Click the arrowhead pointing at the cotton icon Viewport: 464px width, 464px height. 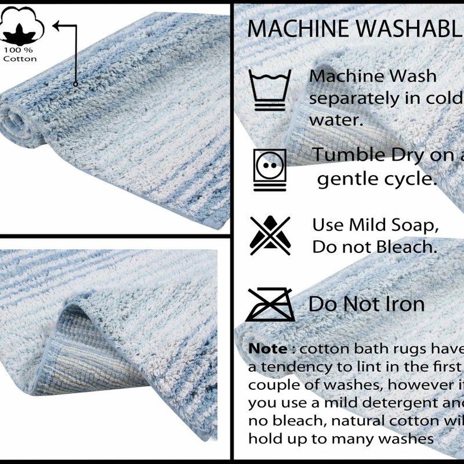(x=56, y=25)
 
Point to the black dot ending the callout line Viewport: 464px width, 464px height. (x=75, y=84)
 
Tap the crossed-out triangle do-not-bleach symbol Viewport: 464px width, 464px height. (x=269, y=235)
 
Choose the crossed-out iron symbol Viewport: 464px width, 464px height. (x=270, y=304)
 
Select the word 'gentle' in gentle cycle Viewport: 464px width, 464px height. (x=347, y=179)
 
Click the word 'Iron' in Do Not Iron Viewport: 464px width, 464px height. (x=404, y=303)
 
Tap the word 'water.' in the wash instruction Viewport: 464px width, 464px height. (x=336, y=120)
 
